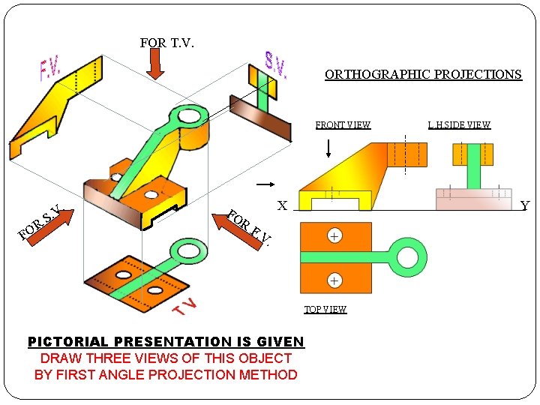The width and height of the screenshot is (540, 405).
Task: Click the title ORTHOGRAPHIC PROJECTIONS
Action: (423, 75)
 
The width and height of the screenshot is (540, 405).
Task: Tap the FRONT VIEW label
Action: (343, 125)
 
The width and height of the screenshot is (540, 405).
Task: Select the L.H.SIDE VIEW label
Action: (459, 125)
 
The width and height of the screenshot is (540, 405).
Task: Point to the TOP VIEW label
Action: (325, 310)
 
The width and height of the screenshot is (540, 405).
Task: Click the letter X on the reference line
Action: (282, 205)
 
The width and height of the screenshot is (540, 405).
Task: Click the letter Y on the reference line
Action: (524, 205)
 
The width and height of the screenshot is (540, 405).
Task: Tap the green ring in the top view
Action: (408, 257)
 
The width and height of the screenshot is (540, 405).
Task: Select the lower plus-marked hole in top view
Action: (334, 280)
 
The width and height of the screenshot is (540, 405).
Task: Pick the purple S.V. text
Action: (275, 65)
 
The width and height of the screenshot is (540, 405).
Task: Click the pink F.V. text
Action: (50, 70)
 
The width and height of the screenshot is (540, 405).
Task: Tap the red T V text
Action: (184, 307)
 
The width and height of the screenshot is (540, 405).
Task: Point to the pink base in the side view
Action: (473, 199)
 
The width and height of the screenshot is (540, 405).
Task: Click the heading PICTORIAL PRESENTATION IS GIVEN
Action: (166, 342)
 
